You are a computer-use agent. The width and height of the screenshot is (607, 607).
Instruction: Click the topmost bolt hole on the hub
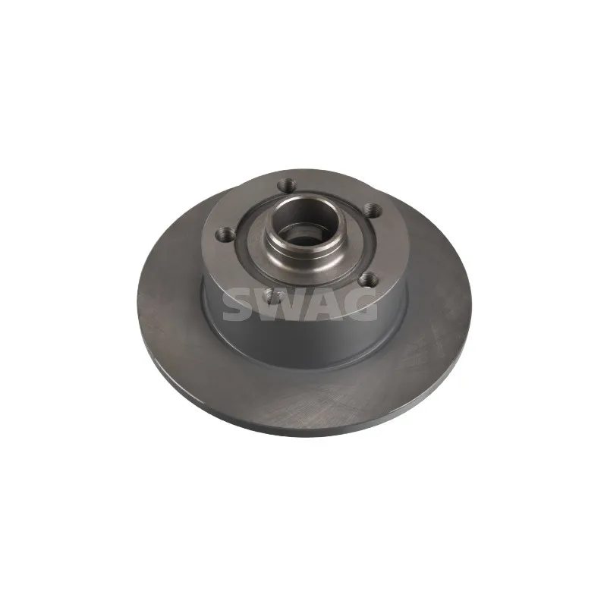[x=285, y=184]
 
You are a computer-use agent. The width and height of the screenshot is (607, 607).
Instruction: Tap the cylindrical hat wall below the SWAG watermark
[x=303, y=345]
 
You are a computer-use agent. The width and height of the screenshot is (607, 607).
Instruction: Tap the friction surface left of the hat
[x=171, y=303]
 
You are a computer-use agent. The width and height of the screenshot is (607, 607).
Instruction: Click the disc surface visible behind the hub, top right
[x=425, y=228]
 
